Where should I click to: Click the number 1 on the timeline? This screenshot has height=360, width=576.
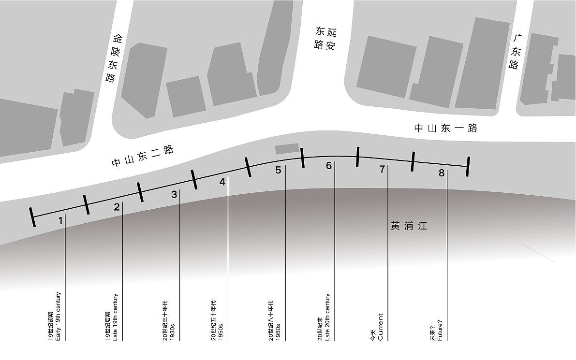tap(60, 221)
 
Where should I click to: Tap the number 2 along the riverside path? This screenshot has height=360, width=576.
tap(117, 207)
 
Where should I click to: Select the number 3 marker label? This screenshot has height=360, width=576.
tap(174, 195)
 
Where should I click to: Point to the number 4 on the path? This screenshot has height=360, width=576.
tap(222, 182)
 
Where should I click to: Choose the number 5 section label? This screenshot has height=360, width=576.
tap(278, 170)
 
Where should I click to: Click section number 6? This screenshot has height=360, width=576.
tap(329, 166)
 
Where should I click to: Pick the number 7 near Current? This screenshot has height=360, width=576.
tap(382, 169)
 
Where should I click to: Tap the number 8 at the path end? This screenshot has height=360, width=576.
tap(441, 173)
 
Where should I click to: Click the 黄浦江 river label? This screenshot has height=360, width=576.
tap(409, 226)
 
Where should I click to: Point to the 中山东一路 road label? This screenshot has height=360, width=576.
tap(445, 128)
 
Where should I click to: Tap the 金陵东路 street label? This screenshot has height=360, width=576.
tap(114, 58)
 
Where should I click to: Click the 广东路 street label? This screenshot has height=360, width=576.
tap(516, 51)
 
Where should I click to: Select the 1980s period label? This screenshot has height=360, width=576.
tap(274, 320)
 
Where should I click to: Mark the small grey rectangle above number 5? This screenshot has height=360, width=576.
tap(287, 149)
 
